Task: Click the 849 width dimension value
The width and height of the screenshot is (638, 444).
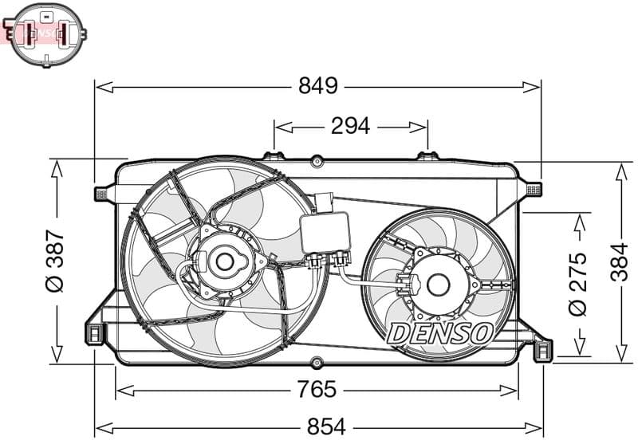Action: pos(318,86)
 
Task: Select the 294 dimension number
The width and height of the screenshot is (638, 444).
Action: pos(350,126)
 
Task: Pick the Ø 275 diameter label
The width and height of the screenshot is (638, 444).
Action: pos(578,283)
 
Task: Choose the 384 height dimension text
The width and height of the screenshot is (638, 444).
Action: pos(620,262)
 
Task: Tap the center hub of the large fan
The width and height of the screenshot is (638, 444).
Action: pos(224,261)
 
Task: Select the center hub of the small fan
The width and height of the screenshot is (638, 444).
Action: pos(438,283)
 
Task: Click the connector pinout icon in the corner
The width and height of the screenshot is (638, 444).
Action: pos(47,33)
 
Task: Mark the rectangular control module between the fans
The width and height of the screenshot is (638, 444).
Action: pos(325,233)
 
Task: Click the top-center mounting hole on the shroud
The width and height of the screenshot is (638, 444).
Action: pos(317,161)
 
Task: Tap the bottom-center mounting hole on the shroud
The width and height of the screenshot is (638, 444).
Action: pos(317,362)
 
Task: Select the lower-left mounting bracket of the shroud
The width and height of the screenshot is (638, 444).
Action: pos(95,333)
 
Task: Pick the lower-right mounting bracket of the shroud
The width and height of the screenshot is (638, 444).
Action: pos(541,348)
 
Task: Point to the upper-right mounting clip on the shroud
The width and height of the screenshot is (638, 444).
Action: pos(534,189)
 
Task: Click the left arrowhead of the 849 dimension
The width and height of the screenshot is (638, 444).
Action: pos(99,86)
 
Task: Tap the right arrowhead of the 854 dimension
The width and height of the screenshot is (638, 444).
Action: pos(538,427)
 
